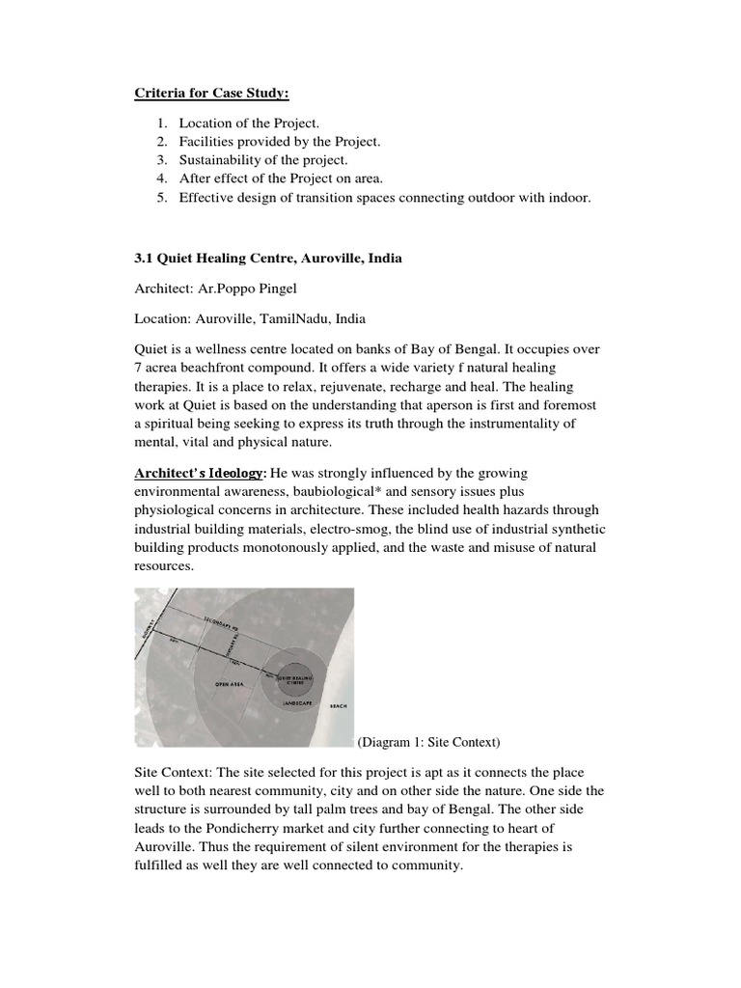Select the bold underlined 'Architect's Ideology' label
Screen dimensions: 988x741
coord(199,474)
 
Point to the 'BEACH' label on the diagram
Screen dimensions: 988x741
coord(337,707)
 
